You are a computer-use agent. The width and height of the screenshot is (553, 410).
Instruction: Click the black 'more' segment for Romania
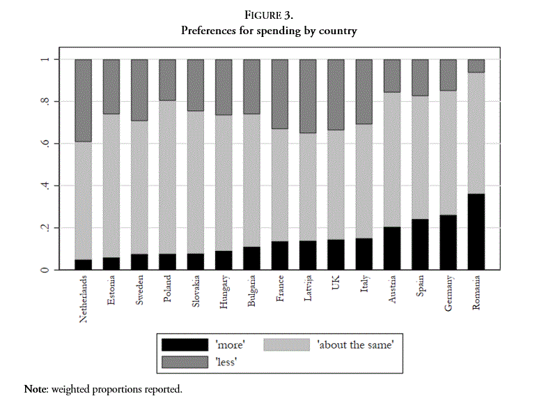pos(476,231)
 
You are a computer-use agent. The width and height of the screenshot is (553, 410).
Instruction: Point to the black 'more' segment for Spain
pos(420,244)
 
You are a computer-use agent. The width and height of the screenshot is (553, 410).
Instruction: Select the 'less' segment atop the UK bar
pos(336,95)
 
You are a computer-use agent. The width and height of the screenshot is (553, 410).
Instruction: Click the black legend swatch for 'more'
pos(184,344)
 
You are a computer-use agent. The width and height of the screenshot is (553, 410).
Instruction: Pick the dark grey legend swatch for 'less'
pos(184,361)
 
